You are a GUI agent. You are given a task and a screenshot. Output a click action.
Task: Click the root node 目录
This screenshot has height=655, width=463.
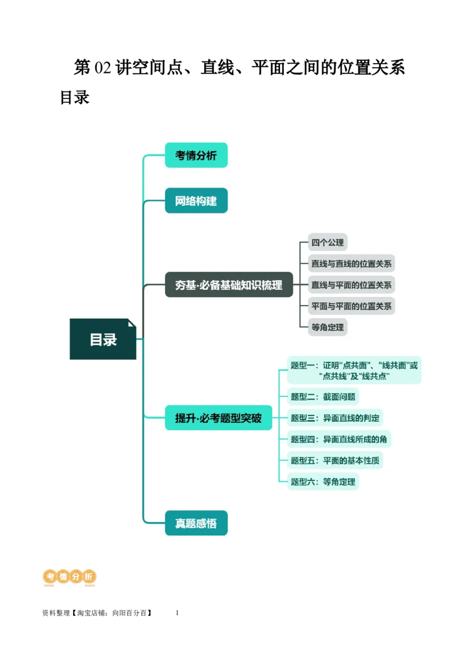tap(102, 339)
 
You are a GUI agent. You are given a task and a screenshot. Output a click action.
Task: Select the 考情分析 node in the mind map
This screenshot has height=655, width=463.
tap(196, 155)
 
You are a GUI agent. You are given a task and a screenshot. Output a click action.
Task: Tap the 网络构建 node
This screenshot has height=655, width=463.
tap(196, 201)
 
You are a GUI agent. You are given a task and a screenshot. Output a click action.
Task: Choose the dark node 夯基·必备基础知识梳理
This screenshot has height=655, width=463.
tap(229, 285)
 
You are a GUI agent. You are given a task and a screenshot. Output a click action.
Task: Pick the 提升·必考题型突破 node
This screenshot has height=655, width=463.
tap(218, 418)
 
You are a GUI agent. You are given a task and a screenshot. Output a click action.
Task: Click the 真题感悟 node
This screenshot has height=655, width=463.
tap(196, 523)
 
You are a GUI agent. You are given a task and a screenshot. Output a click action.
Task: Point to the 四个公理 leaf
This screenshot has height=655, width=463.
tap(328, 242)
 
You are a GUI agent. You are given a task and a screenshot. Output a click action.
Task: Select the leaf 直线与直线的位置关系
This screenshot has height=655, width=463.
tap(351, 264)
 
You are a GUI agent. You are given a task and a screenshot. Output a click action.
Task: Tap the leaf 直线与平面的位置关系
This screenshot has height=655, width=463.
tap(351, 285)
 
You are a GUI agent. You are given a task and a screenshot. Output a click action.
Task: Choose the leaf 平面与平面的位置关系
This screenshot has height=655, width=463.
tap(351, 306)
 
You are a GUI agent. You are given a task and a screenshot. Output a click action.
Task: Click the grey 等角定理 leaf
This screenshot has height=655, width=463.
tap(328, 327)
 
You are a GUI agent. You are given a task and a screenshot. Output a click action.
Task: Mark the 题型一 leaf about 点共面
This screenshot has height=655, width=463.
tap(354, 370)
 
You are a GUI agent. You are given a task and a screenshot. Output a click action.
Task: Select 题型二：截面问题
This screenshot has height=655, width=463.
tap(323, 396)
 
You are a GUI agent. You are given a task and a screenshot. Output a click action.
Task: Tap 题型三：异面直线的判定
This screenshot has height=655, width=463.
tap(335, 418)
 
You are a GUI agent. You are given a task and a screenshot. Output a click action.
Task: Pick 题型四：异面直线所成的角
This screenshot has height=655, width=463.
tap(339, 439)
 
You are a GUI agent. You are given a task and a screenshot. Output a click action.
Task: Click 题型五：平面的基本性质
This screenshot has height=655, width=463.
tap(335, 460)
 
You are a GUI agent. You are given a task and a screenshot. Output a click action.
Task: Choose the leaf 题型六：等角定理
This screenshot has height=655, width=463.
tap(323, 481)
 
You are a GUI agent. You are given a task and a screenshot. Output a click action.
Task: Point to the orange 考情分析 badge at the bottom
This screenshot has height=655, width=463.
tap(69, 576)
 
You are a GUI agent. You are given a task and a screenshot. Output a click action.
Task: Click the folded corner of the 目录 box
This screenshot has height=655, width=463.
tap(132, 323)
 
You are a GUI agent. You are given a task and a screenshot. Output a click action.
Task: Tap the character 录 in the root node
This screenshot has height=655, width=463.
tap(110, 339)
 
